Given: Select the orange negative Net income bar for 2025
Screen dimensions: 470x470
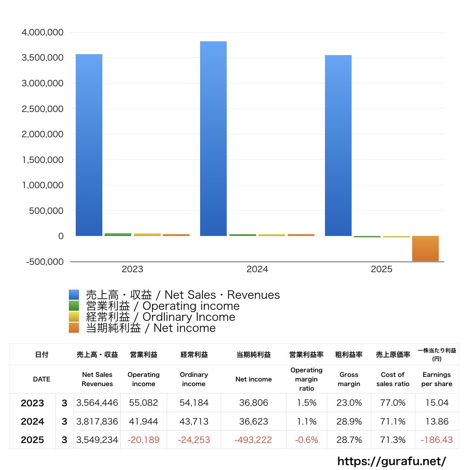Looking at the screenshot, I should pyautogui.click(x=425, y=248).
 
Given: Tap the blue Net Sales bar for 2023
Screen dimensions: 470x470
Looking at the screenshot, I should pyautogui.click(x=89, y=145).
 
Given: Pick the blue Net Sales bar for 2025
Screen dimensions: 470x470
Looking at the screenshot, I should pyautogui.click(x=338, y=145).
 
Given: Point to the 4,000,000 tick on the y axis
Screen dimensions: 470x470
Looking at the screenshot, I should pyautogui.click(x=42, y=33).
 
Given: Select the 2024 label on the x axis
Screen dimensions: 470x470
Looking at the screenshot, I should pyautogui.click(x=257, y=269).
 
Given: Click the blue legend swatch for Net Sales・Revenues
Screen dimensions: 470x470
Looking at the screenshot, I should pyautogui.click(x=74, y=295).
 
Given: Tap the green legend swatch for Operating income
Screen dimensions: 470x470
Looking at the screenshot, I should pyautogui.click(x=74, y=306).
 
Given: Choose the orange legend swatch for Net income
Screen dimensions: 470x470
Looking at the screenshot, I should pyautogui.click(x=74, y=328).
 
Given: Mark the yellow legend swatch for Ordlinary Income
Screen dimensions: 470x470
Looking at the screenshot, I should pyautogui.click(x=74, y=317).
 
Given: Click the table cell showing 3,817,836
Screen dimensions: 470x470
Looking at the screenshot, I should pyautogui.click(x=97, y=421).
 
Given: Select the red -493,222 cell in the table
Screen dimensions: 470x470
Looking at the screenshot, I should pyautogui.click(x=253, y=440).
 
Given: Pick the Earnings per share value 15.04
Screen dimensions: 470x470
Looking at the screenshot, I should pyautogui.click(x=436, y=403).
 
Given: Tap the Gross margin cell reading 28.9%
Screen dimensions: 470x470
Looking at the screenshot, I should pyautogui.click(x=349, y=421).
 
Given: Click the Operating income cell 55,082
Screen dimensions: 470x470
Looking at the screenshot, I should pyautogui.click(x=144, y=403).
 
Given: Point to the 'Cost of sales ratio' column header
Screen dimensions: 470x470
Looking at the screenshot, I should pyautogui.click(x=392, y=379).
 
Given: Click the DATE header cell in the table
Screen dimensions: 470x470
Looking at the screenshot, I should pyautogui.click(x=41, y=379).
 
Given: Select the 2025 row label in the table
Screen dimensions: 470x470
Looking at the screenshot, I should pyautogui.click(x=33, y=440).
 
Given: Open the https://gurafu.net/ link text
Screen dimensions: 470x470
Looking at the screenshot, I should pyautogui.click(x=392, y=461).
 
